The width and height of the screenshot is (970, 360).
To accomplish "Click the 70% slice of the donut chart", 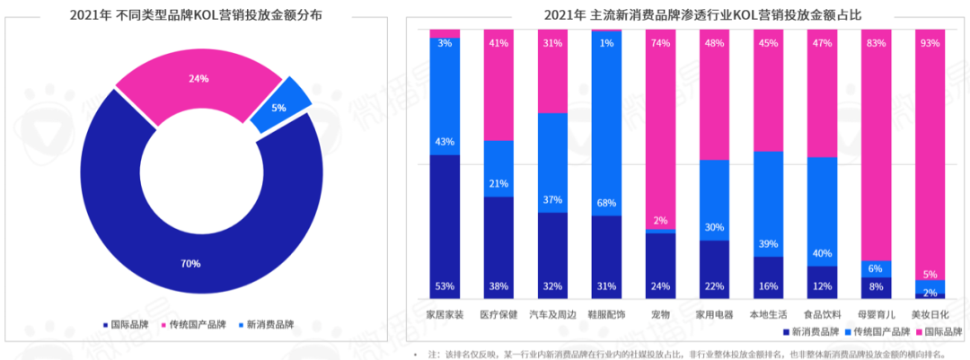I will point(191,263).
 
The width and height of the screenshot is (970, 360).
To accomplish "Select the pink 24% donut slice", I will point(198,79).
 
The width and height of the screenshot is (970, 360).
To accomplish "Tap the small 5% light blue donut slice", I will point(280,109).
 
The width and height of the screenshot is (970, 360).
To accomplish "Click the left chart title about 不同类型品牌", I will point(198,14).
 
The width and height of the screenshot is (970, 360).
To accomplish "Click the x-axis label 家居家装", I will point(445,314).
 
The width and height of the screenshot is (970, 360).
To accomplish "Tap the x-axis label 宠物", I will point(660,314).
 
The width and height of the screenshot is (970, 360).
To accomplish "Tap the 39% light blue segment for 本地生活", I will point(768,204).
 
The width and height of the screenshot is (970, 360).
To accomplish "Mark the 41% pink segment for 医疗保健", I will point(498,84).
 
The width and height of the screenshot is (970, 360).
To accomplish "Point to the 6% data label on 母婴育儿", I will point(876,268).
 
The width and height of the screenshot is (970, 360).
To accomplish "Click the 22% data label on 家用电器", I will point(714,286).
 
